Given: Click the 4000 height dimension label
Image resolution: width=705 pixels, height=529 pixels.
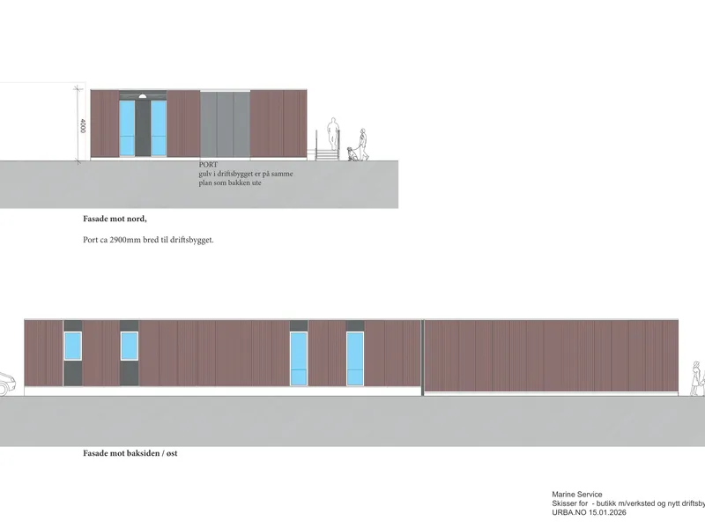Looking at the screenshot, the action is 83,125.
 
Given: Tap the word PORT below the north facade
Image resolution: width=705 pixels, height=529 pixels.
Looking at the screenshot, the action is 208,165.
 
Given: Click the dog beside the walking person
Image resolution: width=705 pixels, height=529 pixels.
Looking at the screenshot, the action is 352,153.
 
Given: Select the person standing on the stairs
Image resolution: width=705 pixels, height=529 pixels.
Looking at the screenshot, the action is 333,134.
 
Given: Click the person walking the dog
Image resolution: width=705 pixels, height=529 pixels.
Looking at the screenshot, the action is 363,144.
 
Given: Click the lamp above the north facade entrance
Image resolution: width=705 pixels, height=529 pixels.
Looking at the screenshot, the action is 143,96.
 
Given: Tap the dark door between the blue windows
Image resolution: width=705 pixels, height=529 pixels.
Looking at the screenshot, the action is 143,128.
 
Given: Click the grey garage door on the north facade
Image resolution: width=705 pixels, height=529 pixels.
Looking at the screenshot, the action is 225,124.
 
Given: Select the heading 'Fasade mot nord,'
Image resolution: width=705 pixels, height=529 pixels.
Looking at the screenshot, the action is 115,219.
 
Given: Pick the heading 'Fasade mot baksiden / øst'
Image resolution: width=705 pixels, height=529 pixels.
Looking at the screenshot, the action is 130,453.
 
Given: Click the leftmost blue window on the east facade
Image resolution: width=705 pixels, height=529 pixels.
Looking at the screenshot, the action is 73,346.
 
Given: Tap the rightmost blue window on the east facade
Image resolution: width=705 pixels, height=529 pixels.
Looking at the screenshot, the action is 355,359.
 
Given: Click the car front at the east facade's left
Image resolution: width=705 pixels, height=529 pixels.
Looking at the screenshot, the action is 7,384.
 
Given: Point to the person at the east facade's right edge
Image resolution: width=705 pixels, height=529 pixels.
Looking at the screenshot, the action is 698,378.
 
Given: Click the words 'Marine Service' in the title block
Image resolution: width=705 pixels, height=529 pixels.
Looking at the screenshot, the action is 577,495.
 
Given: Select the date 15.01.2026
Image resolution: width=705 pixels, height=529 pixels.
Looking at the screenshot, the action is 607,512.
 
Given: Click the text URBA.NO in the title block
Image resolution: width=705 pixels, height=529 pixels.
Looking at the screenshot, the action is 568,512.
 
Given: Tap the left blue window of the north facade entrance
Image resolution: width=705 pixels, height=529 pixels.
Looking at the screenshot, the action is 127,128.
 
